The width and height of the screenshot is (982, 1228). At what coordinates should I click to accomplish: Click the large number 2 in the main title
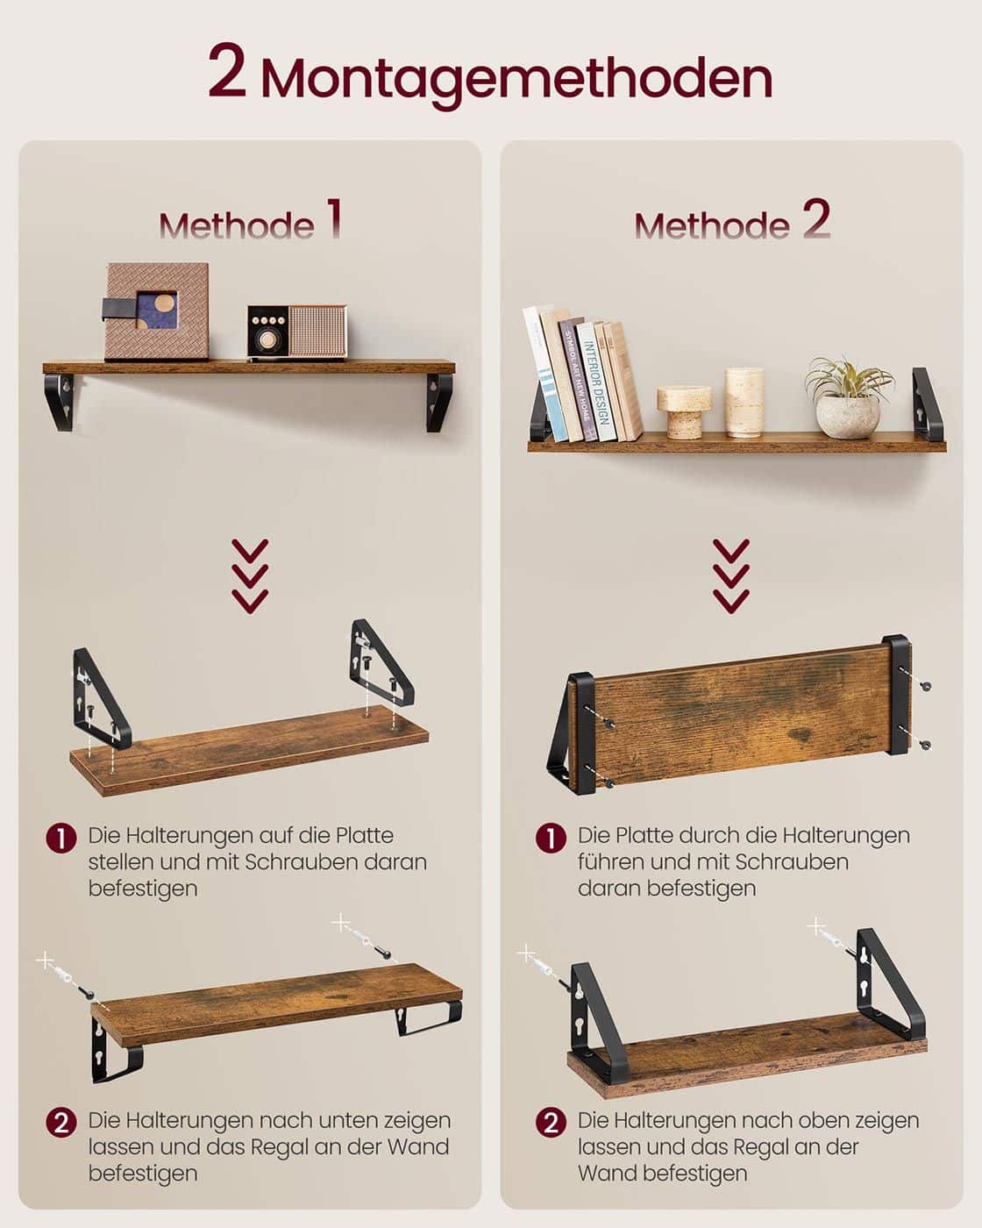(x=226, y=73)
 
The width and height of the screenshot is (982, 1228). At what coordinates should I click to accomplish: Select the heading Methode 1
(x=250, y=222)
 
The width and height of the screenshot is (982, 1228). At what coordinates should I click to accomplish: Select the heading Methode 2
(x=731, y=222)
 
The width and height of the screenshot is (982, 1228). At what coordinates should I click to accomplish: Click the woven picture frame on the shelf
(x=157, y=311)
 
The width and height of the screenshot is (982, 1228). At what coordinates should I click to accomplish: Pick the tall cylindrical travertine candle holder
(x=744, y=402)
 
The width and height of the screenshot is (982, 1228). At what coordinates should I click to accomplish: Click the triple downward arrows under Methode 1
(x=250, y=575)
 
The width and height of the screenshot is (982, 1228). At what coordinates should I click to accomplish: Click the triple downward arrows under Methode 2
(x=731, y=575)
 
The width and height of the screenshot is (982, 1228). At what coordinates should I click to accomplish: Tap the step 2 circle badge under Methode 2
(x=550, y=1123)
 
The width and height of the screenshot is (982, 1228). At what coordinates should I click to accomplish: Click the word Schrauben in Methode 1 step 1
(x=297, y=861)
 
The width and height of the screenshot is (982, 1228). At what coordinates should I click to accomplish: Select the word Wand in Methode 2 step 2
(x=606, y=1173)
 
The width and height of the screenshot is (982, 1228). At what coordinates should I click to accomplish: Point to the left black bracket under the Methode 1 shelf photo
(x=60, y=402)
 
